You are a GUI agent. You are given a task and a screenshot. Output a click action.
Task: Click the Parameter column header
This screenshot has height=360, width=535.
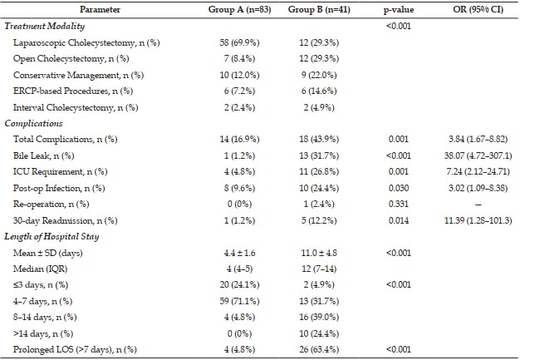100,10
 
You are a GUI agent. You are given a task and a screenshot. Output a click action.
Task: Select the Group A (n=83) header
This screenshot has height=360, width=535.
239,10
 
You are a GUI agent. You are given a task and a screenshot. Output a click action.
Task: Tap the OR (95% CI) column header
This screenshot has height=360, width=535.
478,10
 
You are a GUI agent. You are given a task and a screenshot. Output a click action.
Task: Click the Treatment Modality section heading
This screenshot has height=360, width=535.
44,27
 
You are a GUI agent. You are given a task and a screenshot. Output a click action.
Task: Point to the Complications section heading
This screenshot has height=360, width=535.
33,123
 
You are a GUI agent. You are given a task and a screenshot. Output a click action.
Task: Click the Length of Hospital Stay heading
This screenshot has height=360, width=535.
52,237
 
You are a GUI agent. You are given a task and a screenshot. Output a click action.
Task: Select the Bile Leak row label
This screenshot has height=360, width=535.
44,155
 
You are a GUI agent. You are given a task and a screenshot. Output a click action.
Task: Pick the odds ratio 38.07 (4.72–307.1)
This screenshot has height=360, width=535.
478,155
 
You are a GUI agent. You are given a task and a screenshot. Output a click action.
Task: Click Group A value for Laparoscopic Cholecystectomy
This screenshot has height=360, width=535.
239,42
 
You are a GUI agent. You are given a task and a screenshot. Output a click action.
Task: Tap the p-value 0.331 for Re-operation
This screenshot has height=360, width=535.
398,205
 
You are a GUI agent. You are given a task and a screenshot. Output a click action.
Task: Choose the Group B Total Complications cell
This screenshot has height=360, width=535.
319,140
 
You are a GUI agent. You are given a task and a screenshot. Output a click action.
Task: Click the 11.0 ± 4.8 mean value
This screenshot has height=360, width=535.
319,253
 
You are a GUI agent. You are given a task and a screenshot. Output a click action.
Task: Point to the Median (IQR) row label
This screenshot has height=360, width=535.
40,269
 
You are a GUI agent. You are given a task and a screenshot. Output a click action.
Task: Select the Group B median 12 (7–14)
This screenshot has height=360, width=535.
319,269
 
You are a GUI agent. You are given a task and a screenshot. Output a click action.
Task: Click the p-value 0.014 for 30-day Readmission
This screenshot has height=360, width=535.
398,220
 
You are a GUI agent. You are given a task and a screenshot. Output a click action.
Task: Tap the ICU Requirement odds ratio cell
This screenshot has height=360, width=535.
478,171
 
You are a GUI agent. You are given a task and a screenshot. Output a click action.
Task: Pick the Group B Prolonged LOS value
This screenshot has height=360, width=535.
319,350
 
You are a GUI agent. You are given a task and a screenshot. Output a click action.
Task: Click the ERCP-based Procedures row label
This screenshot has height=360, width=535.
73,91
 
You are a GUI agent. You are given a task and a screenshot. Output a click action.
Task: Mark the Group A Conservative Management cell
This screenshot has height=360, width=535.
239,75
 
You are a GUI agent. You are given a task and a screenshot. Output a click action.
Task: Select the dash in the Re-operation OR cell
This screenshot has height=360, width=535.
478,205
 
